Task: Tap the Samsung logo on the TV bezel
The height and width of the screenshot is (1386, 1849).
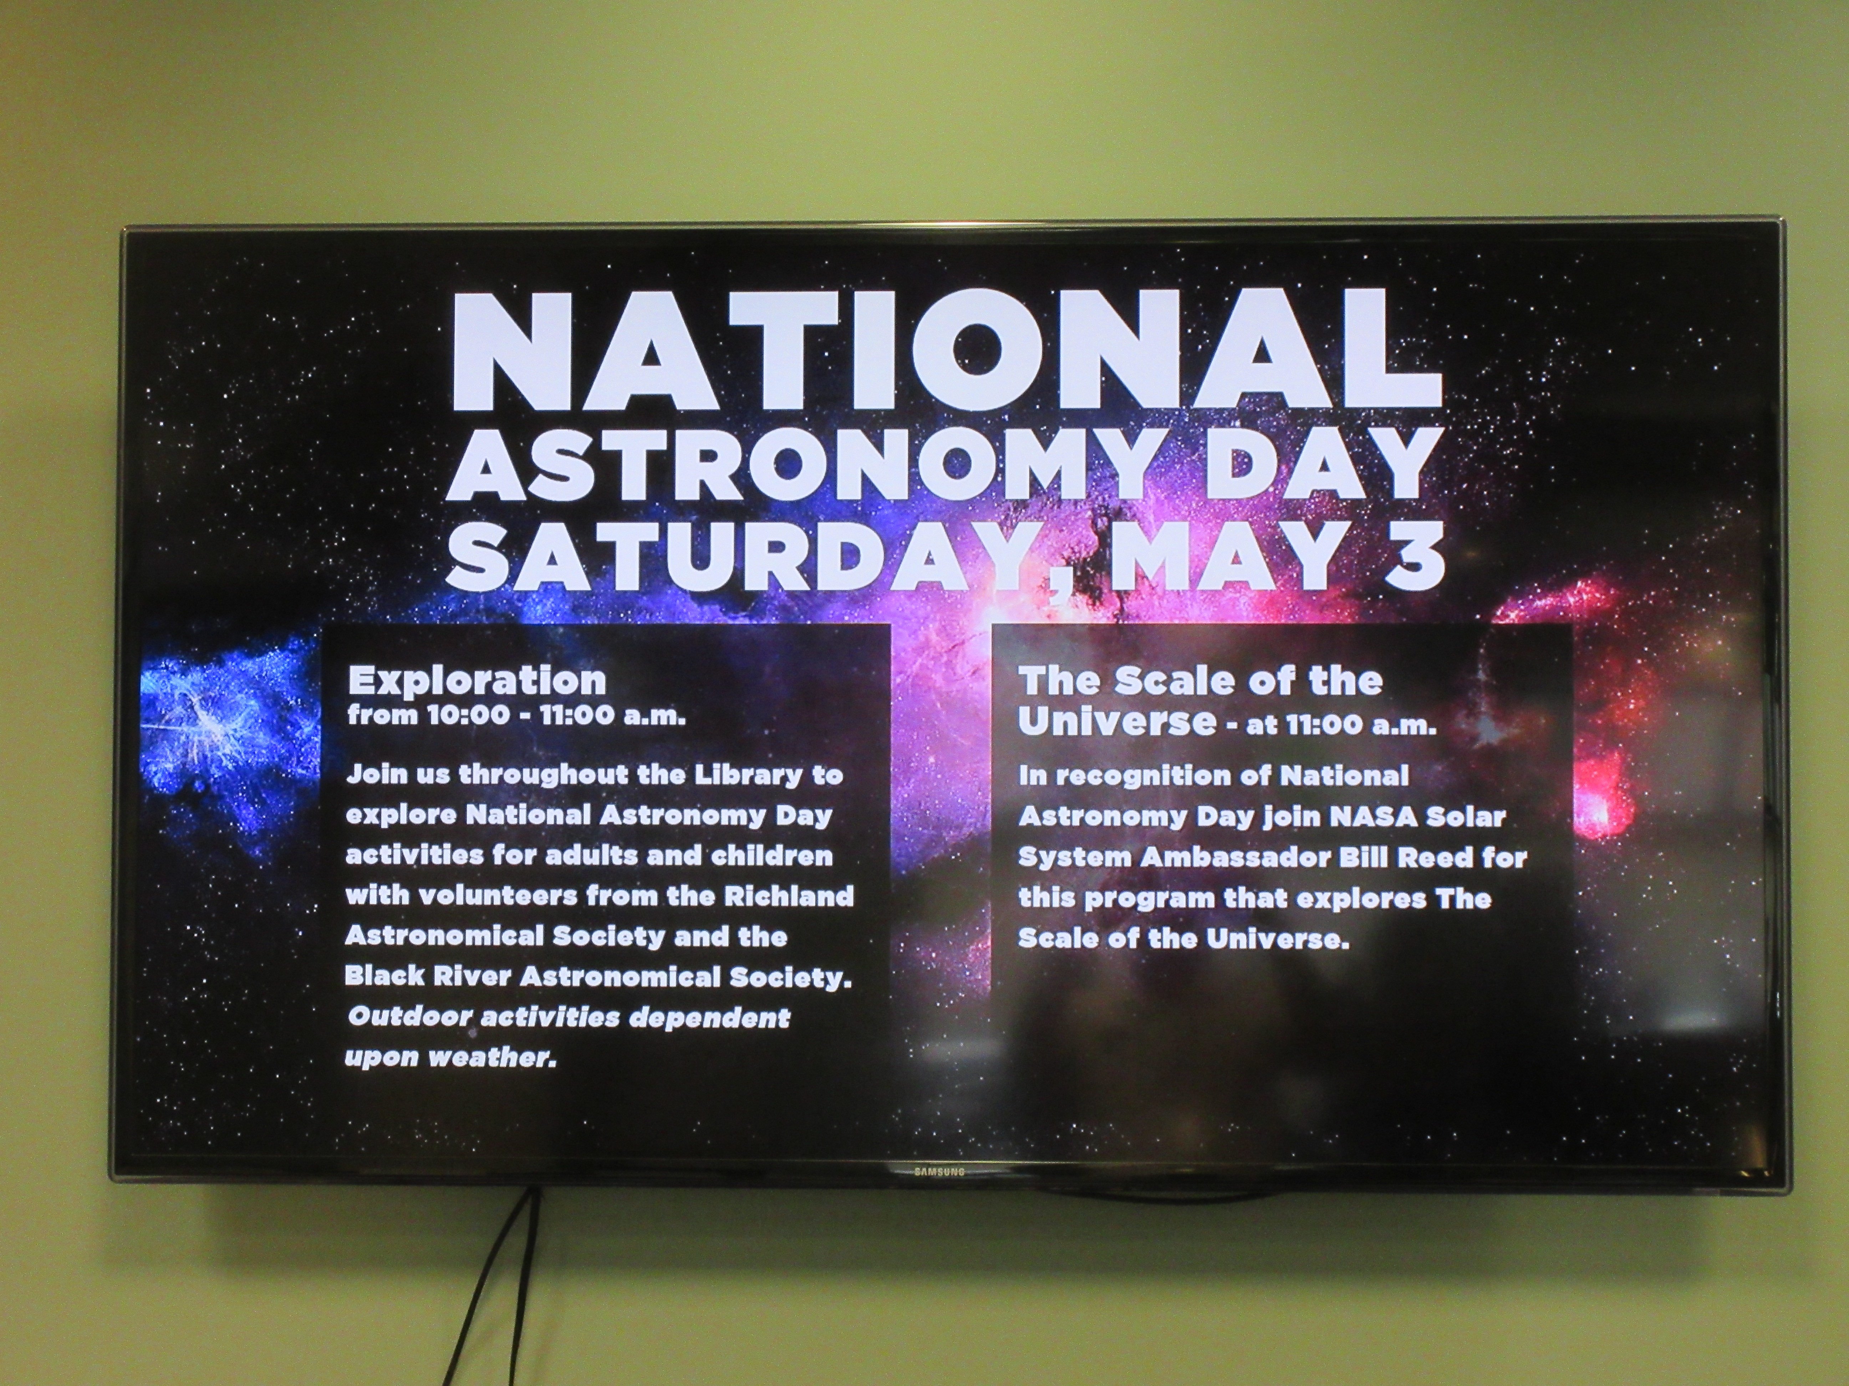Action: click(939, 1171)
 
